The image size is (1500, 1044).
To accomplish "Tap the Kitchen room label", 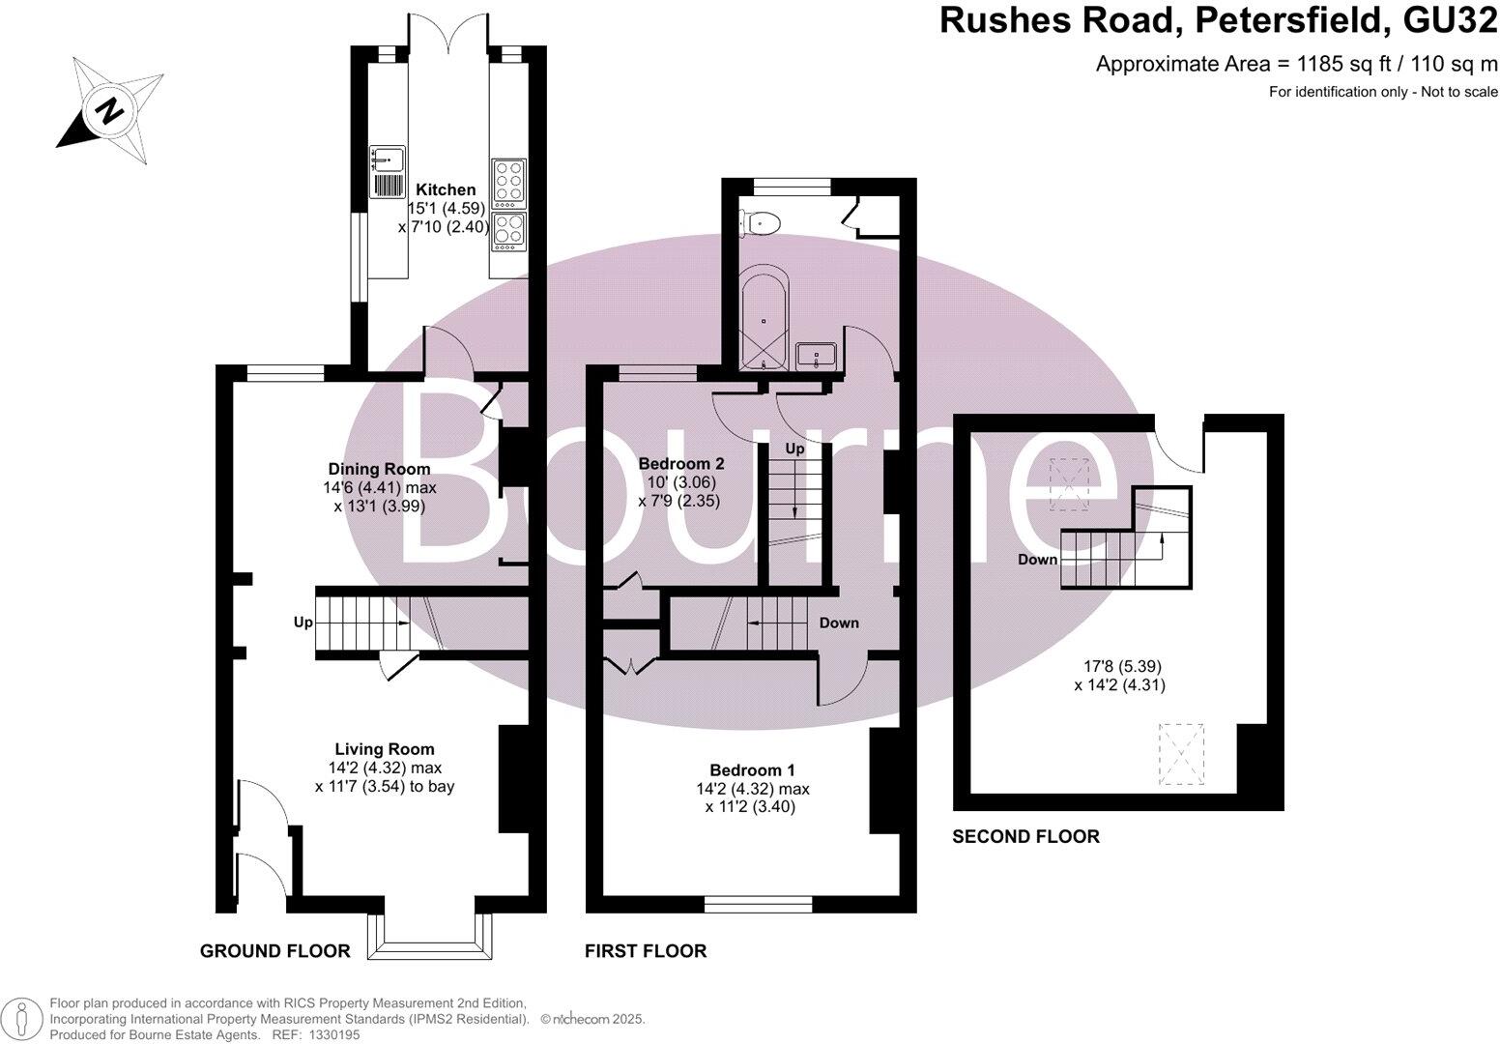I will tap(446, 189).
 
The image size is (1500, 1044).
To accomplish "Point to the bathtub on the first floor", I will tap(764, 320).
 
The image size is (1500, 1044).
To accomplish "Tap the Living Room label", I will tap(385, 748).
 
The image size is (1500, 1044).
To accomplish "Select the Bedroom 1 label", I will tap(752, 769).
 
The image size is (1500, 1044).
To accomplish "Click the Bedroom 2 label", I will tap(679, 463).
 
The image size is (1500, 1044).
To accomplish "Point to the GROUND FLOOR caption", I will tap(274, 951).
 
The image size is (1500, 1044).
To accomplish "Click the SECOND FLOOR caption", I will tap(1025, 836).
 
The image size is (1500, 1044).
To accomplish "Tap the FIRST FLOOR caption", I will tap(646, 951).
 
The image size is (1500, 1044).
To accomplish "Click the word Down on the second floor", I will tap(1037, 560).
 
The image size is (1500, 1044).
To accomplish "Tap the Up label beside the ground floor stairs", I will tap(303, 623).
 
